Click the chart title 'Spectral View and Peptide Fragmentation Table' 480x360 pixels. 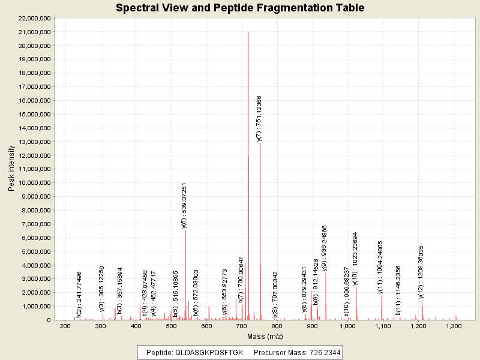[240, 8]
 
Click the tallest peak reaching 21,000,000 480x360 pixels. [248, 32]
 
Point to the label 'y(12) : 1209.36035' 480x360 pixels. [421, 272]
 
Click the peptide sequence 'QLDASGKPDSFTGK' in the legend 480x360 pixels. [209, 353]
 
